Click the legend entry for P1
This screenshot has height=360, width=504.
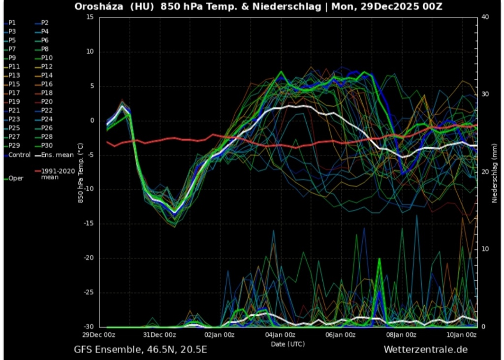12,23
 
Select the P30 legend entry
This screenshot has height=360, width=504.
47,146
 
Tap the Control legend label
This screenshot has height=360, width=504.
20,155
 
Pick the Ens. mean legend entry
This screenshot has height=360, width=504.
57,155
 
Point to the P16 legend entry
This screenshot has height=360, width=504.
47,84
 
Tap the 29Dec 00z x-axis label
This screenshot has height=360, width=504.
99,335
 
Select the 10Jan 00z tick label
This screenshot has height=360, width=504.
462,335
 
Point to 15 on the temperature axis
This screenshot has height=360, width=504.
90,17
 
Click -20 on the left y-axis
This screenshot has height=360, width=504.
89,258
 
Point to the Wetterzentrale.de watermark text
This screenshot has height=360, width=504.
425,350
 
